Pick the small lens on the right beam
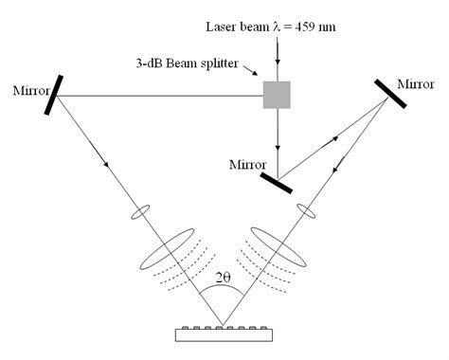tap(304, 208)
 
